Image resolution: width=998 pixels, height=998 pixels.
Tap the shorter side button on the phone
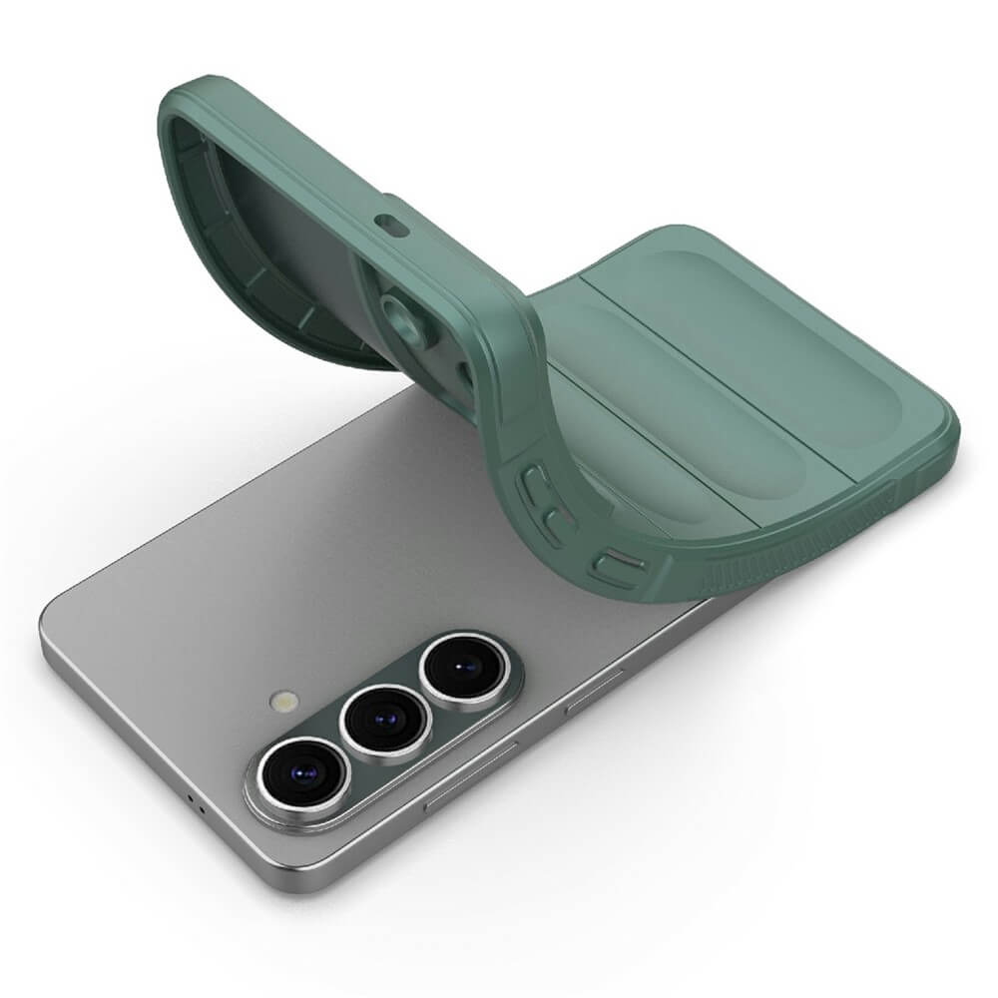coord(593,690)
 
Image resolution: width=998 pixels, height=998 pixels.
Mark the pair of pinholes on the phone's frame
coord(197,803)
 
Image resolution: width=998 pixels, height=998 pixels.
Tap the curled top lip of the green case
coord(200,95)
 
